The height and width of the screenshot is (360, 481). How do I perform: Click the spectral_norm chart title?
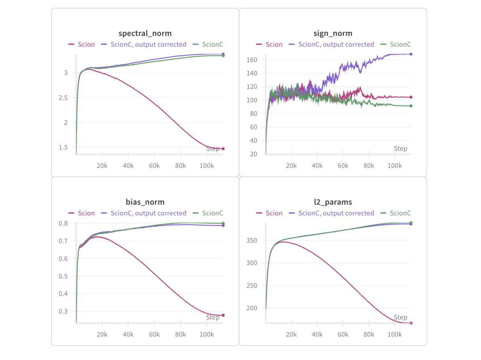coord(145,33)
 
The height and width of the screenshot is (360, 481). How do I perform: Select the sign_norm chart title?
coord(333,33)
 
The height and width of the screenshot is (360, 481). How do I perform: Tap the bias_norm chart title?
coord(145,202)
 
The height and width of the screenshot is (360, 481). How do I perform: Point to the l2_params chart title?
coord(333,202)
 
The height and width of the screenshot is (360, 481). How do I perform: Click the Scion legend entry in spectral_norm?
coord(81,44)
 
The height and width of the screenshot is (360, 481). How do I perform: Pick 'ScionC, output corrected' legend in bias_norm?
coord(144,213)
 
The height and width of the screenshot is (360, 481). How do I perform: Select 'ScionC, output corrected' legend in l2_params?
coord(331,213)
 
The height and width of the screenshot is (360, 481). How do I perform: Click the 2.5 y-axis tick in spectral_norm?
coord(62,98)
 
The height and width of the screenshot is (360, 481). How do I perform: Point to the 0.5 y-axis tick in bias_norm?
coord(62,276)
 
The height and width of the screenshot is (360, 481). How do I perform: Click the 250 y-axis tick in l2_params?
coord(252,286)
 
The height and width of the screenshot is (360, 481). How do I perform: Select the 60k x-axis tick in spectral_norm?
coord(154,166)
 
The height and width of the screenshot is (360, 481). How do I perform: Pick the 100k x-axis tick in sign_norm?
coord(394,166)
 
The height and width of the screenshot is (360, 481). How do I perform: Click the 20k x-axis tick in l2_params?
coord(291,334)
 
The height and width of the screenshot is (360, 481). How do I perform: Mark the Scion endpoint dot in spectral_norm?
coord(223,149)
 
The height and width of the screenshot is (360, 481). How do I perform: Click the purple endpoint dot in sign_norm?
coord(411,54)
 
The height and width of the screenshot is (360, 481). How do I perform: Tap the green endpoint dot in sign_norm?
coord(411,106)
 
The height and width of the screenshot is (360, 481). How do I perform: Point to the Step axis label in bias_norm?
coord(213,317)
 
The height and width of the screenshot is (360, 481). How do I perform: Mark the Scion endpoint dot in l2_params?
coord(411,323)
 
